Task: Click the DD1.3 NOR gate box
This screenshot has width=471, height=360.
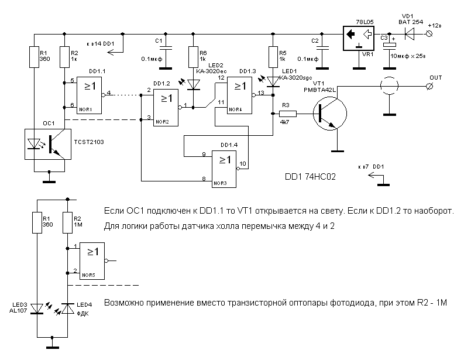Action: click(x=240, y=94)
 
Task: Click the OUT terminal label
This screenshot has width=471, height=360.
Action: click(x=436, y=78)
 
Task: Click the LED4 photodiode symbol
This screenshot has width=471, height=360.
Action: click(x=68, y=308)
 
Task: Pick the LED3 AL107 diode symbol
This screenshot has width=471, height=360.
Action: click(x=37, y=308)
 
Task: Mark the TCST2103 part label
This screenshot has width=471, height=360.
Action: click(x=91, y=142)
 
